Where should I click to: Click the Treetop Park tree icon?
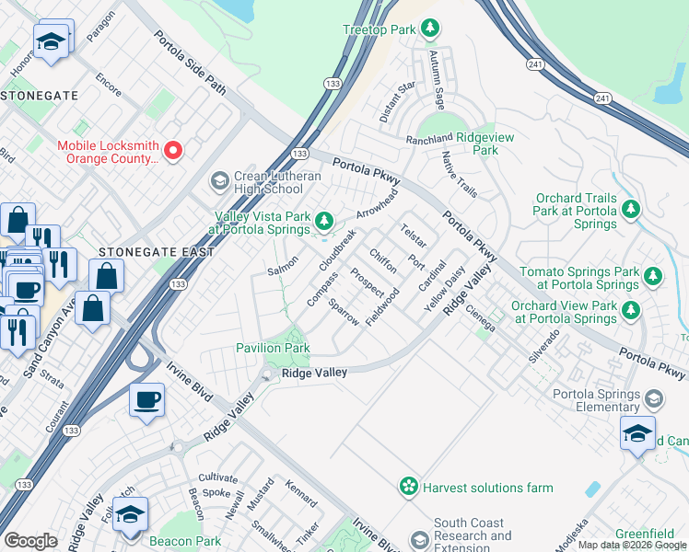(x=429, y=29)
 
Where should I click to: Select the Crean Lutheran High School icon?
(x=219, y=180)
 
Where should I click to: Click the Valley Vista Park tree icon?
(x=323, y=220)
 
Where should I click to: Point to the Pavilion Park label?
(x=272, y=348)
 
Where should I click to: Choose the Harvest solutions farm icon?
(x=408, y=487)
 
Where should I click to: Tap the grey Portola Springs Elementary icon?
(x=654, y=399)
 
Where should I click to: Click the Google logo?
(x=30, y=541)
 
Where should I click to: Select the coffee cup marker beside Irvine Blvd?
(x=147, y=400)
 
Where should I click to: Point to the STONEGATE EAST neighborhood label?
(x=157, y=251)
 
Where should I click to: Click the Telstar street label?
(x=413, y=236)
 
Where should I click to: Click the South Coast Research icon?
(x=420, y=537)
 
